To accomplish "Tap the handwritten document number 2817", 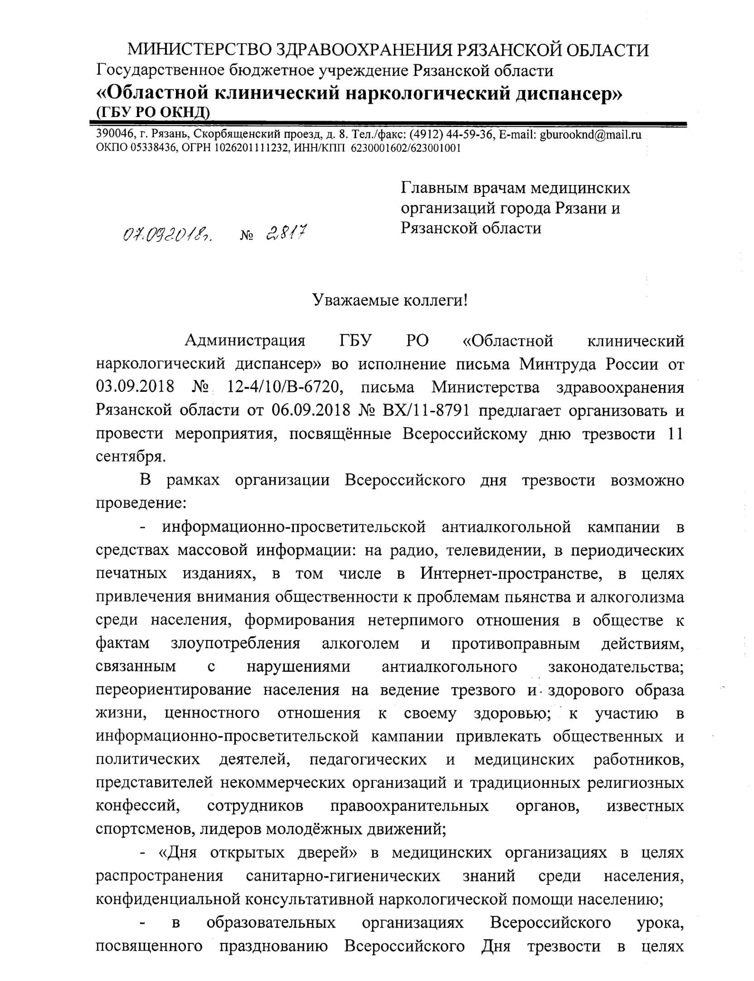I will click(286, 233).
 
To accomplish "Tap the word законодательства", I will click(616, 667).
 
